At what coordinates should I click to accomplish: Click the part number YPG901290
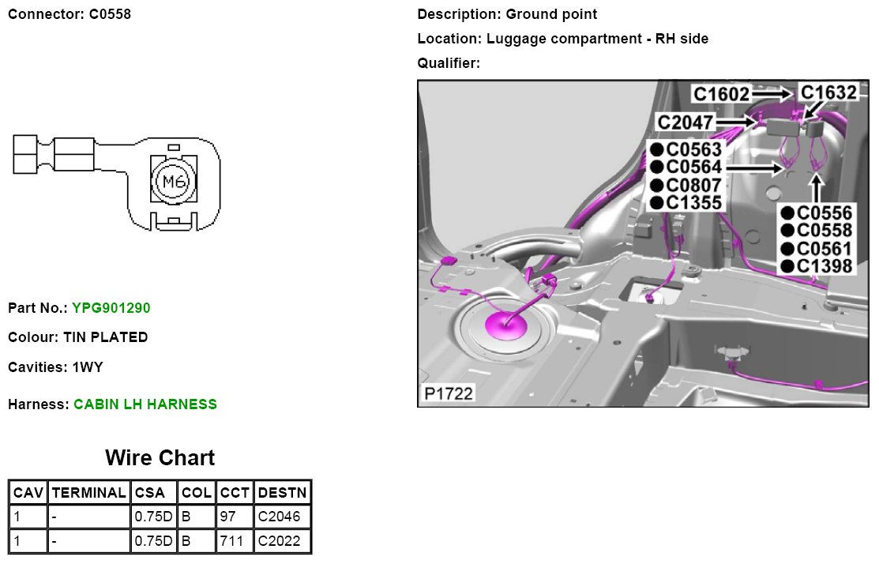(x=111, y=307)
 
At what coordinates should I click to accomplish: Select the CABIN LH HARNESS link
(x=145, y=404)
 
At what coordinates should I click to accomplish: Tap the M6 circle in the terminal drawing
(x=171, y=182)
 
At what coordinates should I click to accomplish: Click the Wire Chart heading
(x=160, y=458)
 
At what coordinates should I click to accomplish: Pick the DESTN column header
(x=282, y=493)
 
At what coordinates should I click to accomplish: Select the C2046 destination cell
(x=279, y=517)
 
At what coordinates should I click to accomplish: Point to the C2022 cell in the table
(x=279, y=542)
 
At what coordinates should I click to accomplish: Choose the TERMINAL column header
(x=88, y=493)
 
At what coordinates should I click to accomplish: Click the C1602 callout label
(x=721, y=94)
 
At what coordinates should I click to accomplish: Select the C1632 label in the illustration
(x=828, y=92)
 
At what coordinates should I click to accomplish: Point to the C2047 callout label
(x=686, y=122)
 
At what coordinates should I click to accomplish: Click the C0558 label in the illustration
(x=825, y=231)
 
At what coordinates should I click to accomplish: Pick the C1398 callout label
(x=825, y=266)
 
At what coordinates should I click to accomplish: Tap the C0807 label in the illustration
(x=693, y=186)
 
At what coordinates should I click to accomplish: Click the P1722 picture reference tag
(x=448, y=393)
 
